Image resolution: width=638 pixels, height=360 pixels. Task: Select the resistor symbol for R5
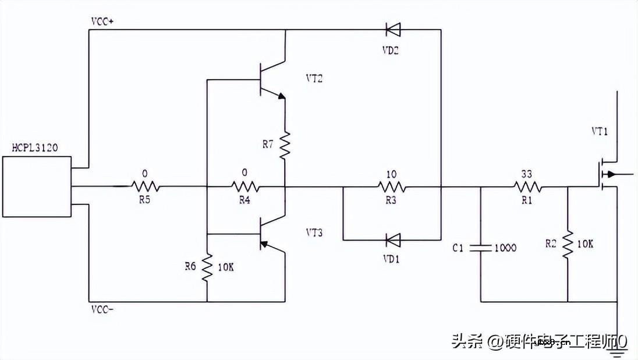pyautogui.click(x=144, y=187)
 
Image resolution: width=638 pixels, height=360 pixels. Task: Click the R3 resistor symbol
pyautogui.click(x=392, y=187)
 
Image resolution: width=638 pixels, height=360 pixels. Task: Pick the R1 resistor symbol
pyautogui.click(x=528, y=187)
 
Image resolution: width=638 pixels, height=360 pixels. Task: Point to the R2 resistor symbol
pyautogui.click(x=568, y=244)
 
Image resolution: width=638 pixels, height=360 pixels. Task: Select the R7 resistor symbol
pyautogui.click(x=285, y=146)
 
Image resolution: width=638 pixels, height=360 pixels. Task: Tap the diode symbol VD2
pyautogui.click(x=392, y=29)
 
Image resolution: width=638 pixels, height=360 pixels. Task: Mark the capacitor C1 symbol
pyautogui.click(x=481, y=248)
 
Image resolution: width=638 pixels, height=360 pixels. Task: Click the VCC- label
pyautogui.click(x=102, y=309)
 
